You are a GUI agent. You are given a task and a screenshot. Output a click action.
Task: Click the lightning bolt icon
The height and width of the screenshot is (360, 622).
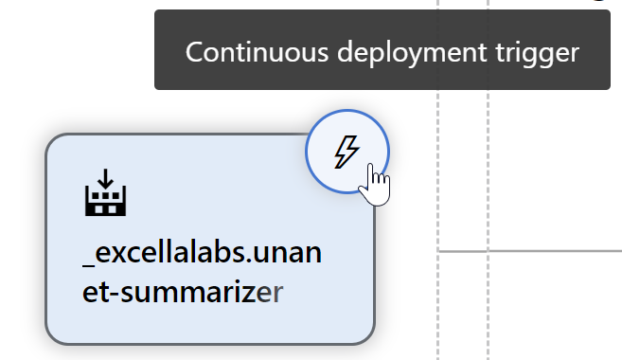click(x=347, y=151)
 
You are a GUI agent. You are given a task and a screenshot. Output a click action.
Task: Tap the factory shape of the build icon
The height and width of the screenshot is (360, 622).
click(x=105, y=200)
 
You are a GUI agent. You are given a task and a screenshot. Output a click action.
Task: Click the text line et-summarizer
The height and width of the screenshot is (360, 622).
click(x=182, y=292)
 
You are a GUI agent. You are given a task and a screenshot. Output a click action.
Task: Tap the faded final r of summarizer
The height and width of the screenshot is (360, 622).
click(x=275, y=293)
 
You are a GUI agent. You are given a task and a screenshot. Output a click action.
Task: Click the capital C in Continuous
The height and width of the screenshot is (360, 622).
click(x=195, y=52)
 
